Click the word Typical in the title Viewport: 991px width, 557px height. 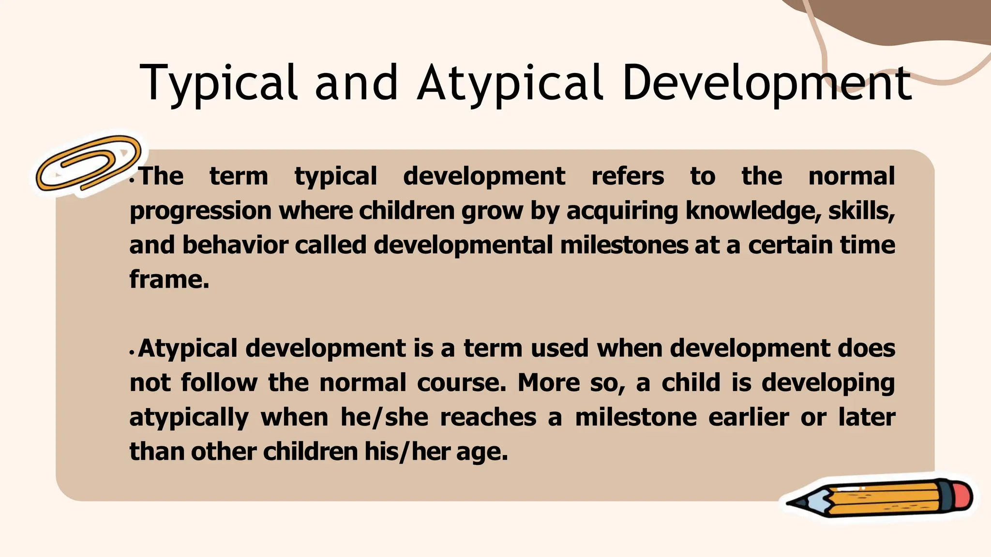coord(218,83)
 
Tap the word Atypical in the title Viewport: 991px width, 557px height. coord(511,83)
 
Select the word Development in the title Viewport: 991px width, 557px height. coord(767,83)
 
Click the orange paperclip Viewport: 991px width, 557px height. coord(88,163)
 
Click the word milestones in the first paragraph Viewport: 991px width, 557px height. coord(624,245)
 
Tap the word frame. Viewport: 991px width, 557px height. coord(169,279)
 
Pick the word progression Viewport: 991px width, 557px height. coord(200,212)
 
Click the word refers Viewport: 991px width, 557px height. coord(628,176)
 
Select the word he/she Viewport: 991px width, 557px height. coord(384,417)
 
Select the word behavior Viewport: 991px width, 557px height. coord(235,245)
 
